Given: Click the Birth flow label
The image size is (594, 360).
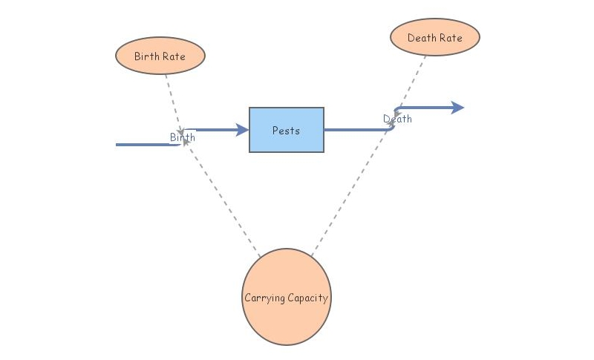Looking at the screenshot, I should pos(183,137).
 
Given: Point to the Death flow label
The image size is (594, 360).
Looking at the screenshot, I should pos(397,119).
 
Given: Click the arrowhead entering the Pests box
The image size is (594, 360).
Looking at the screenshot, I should pos(242,130).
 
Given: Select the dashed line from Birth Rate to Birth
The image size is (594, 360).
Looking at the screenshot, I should pos(172,100).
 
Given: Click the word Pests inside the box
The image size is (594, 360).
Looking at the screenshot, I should pos(286,131).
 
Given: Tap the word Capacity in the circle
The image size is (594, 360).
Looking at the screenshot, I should pos(307,298).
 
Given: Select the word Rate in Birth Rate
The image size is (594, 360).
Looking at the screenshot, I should pos(175,56).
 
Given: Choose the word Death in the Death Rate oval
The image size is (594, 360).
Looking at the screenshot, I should pos(421,38).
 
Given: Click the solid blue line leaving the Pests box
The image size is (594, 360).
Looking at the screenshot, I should pos(356,130).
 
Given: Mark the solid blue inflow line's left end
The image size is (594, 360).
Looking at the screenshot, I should pos(119,145).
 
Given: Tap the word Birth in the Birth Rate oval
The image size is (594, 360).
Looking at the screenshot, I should pos(147,56).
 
